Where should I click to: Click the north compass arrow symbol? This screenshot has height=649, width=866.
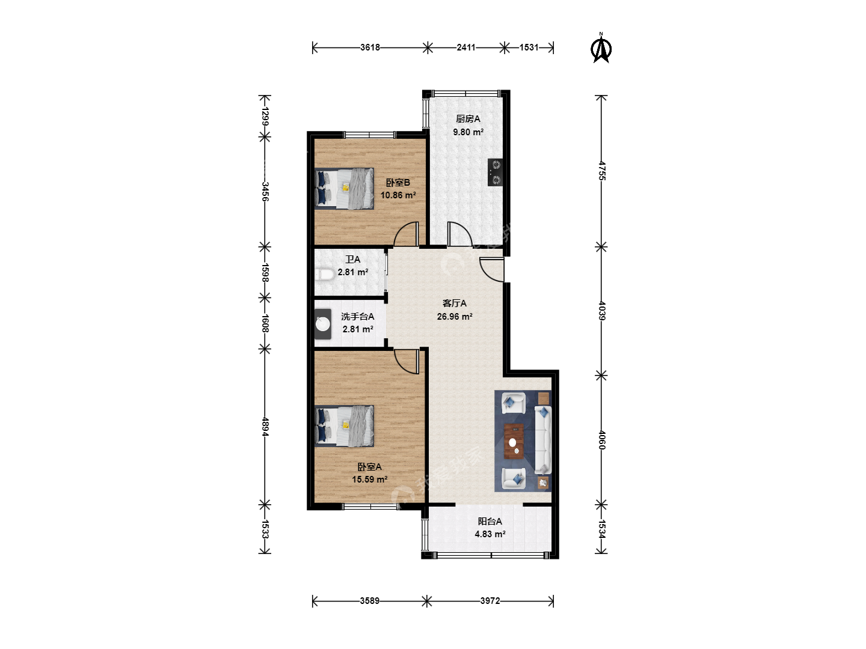tap(601, 49)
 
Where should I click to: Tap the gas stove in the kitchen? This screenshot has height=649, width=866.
tap(495, 172)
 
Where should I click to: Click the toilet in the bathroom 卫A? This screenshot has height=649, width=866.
tap(324, 274)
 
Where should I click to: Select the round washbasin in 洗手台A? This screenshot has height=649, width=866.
tap(323, 324)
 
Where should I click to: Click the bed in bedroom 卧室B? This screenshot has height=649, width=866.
tap(344, 189)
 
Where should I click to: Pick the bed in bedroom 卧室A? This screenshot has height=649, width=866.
tap(344, 426)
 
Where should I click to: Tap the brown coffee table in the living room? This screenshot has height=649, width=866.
tap(514, 441)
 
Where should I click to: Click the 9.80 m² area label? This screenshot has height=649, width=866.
tap(468, 132)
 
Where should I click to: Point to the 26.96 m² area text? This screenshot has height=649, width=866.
tap(455, 317)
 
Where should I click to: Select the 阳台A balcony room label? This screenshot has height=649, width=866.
tap(490, 522)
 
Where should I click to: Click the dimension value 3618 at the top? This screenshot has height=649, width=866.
tap(370, 47)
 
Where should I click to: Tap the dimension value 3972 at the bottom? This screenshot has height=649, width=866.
tap(490, 601)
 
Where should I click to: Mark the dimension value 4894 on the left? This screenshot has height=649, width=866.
tap(265, 427)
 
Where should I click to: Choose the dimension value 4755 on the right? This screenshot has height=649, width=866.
tap(601, 171)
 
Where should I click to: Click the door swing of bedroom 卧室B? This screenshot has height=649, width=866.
tap(407, 234)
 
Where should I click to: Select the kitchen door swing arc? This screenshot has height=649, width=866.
tap(459, 234)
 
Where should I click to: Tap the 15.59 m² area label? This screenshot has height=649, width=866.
tap(370, 480)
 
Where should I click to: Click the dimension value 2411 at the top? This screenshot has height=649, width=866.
tap(466, 47)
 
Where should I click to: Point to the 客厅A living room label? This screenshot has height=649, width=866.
tap(455, 303)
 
